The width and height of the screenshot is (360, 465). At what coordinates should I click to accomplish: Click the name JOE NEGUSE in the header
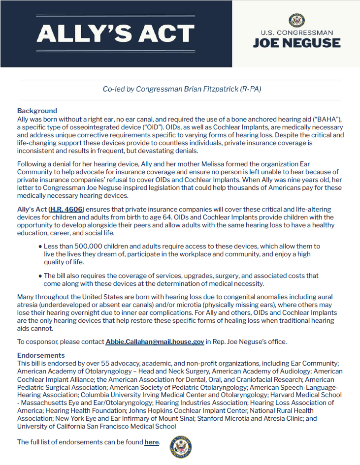pos(296,43)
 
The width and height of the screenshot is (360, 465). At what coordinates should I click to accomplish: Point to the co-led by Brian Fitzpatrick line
pos(182,89)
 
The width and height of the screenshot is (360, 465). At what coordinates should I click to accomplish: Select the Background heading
pos(37,111)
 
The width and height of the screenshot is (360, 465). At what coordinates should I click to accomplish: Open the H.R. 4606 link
pos(66,210)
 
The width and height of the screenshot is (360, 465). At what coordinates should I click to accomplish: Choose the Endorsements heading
pos(41,355)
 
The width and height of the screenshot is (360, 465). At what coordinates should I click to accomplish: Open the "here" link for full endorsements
pos(151,442)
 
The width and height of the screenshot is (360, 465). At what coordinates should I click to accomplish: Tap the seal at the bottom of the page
pos(180,447)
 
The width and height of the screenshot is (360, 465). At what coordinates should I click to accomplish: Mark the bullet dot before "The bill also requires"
pos(40,276)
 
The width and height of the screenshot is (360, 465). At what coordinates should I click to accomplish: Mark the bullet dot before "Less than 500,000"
pos(40,246)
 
